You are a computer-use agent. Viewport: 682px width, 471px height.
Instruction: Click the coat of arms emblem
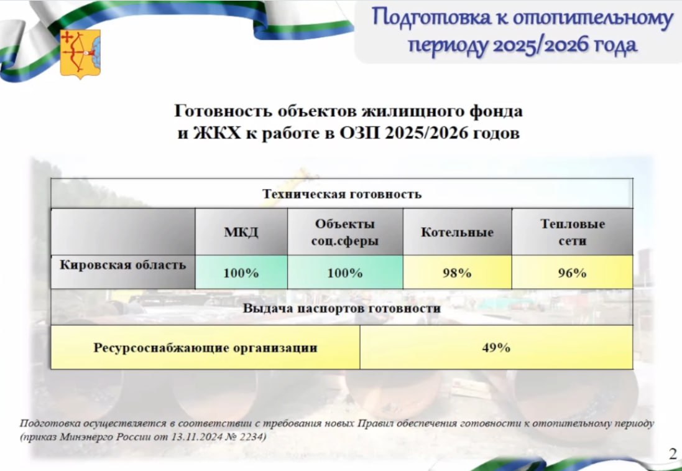(80, 54)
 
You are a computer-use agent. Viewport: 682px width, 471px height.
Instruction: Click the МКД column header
(241, 231)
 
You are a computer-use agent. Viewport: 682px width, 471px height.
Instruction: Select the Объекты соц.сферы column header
(345, 232)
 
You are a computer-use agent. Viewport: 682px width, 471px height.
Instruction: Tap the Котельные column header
(457, 232)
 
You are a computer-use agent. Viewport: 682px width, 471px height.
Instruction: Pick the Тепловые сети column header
(573, 232)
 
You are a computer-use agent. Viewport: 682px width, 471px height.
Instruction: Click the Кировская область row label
(122, 264)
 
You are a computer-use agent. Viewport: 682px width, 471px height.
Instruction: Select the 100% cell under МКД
(241, 273)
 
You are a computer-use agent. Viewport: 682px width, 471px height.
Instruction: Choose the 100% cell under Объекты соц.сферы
(345, 273)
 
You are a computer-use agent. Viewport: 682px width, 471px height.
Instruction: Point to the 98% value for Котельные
(457, 273)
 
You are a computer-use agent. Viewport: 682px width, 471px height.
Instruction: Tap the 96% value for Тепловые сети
(573, 273)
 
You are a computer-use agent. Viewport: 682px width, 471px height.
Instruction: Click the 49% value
(496, 348)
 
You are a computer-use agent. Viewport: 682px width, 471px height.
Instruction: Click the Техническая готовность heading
(342, 194)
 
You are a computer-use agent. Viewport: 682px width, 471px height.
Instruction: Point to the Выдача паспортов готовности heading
(342, 308)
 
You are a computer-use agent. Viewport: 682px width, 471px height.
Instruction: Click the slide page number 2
(673, 453)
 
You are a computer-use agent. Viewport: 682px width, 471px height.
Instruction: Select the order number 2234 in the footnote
(252, 437)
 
